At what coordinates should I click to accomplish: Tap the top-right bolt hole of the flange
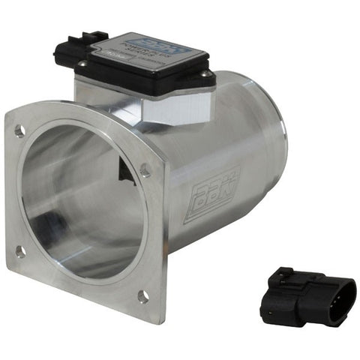[144, 171]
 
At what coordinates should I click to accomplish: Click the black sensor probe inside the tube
[124, 169]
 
